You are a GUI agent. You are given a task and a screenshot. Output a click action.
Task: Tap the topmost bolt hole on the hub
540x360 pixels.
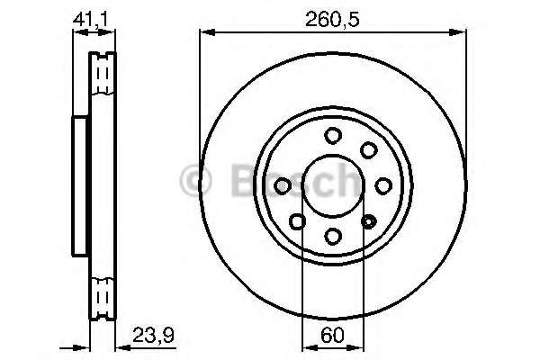tap(333, 135)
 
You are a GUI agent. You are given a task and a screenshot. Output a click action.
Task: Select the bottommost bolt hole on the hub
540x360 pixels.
tap(333, 236)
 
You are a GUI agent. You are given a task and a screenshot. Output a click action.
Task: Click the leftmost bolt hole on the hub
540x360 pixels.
tap(282, 185)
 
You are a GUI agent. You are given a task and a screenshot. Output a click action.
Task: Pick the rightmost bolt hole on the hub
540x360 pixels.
tap(383, 185)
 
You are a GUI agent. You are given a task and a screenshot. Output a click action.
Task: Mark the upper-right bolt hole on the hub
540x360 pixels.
tap(368, 150)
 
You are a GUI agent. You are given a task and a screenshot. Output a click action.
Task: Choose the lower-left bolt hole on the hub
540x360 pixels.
tap(297, 221)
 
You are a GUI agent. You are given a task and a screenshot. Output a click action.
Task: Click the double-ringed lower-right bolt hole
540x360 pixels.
tap(368, 221)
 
